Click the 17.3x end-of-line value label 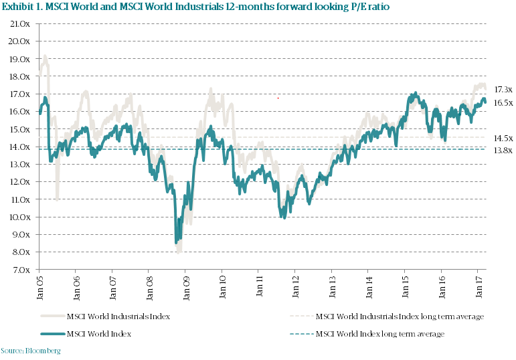click(x=503, y=89)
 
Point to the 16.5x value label click(x=503, y=102)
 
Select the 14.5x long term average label click(x=503, y=138)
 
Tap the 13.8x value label click(x=503, y=151)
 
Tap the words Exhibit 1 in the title click(x=23, y=8)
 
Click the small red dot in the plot click(x=278, y=98)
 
